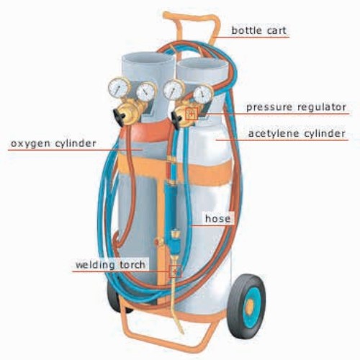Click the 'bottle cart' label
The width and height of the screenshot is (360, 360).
(258, 30)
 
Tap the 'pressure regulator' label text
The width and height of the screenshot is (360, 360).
(297, 107)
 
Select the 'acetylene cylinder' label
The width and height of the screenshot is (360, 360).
(297, 133)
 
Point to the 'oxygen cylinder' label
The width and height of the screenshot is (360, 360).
(53, 143)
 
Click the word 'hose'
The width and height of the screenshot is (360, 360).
(217, 218)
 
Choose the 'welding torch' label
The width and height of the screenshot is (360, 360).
(110, 265)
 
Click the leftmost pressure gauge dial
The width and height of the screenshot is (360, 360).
(118, 88)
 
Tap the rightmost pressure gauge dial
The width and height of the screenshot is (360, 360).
(202, 94)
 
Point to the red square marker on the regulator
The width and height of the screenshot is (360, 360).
(192, 114)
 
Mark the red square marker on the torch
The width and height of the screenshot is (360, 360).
(175, 271)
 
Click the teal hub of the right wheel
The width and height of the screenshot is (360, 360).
(251, 305)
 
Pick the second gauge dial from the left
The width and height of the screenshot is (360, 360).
(146, 92)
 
